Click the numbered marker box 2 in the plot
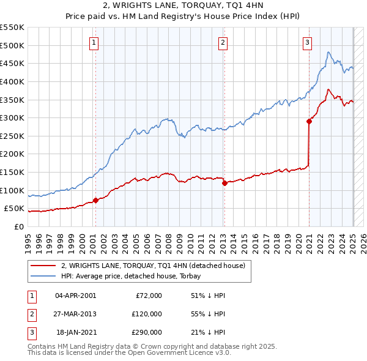[x=223, y=42]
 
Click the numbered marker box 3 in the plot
[x=307, y=42]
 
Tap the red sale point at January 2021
[x=309, y=121]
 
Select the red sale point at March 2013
[x=224, y=183]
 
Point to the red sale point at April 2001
[x=95, y=200]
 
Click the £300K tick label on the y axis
[x=12, y=117]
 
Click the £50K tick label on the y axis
[x=14, y=209]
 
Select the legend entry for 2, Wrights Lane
[x=153, y=266]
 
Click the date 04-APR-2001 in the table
[x=75, y=295]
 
